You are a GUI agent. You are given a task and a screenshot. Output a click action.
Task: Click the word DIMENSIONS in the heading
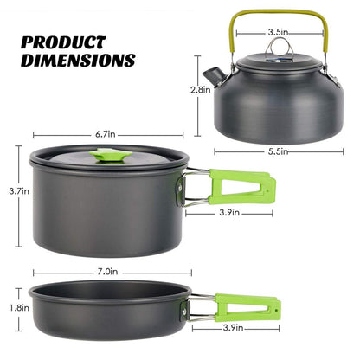coord(77,61)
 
